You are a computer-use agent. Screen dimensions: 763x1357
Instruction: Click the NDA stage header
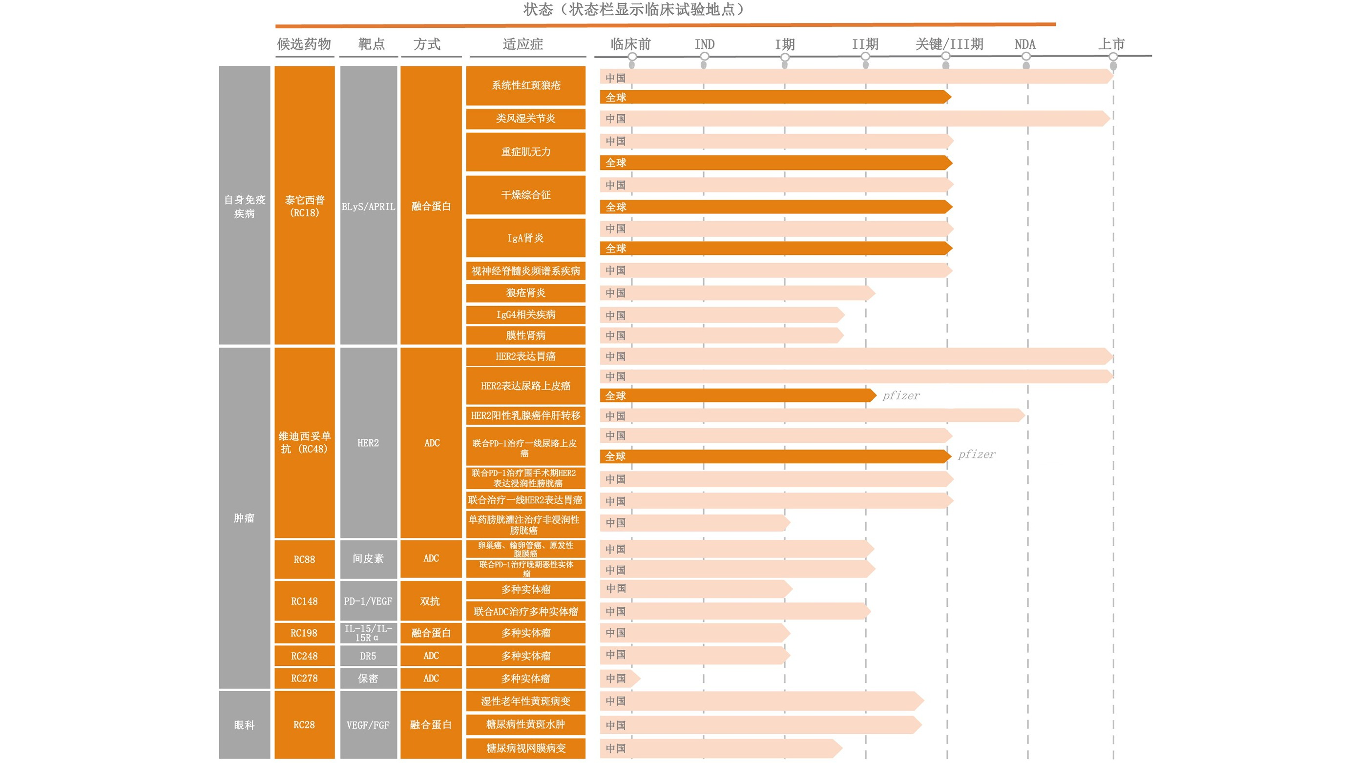click(x=1024, y=44)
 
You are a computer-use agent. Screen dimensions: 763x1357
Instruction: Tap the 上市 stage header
click(x=1111, y=44)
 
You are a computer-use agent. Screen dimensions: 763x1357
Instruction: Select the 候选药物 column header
click(x=304, y=44)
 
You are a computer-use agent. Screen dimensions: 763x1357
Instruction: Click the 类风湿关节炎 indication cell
click(x=525, y=119)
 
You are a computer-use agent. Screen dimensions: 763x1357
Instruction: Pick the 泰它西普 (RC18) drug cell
click(x=305, y=206)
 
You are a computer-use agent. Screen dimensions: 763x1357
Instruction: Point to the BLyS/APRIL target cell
click(x=368, y=206)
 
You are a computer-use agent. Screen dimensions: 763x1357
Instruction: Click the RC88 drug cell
click(x=305, y=559)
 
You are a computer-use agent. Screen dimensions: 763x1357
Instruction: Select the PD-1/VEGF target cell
click(x=368, y=601)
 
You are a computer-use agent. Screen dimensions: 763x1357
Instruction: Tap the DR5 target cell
click(x=368, y=656)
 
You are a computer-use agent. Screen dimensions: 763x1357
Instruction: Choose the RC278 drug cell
click(x=305, y=678)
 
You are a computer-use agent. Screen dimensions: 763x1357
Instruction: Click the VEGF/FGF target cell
click(x=368, y=724)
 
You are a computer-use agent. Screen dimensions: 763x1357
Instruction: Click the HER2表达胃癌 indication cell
click(x=525, y=356)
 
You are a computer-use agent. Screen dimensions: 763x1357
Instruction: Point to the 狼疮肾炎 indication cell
click(x=525, y=293)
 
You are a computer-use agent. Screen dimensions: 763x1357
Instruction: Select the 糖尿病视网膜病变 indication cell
click(x=525, y=748)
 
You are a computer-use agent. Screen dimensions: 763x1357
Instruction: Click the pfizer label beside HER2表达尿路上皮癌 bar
click(x=901, y=395)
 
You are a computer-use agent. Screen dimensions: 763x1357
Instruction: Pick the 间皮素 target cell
click(x=368, y=558)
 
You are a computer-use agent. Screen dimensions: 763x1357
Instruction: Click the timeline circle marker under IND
click(x=704, y=57)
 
